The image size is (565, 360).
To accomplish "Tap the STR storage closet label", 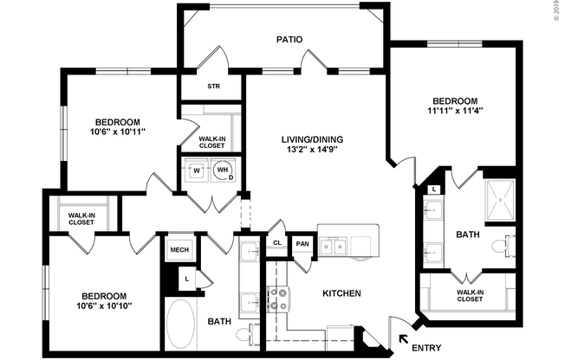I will click(x=213, y=87).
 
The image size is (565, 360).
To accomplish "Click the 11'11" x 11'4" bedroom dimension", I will click(x=454, y=111).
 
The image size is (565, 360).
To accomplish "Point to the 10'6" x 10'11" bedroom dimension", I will click(x=119, y=132).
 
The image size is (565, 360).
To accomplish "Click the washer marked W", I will click(x=196, y=170).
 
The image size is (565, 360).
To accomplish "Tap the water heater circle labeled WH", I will click(x=224, y=170).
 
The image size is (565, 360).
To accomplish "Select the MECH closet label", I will click(x=179, y=250).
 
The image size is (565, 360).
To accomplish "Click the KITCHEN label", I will click(x=341, y=294).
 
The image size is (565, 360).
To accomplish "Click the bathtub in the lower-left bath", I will click(x=180, y=322).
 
